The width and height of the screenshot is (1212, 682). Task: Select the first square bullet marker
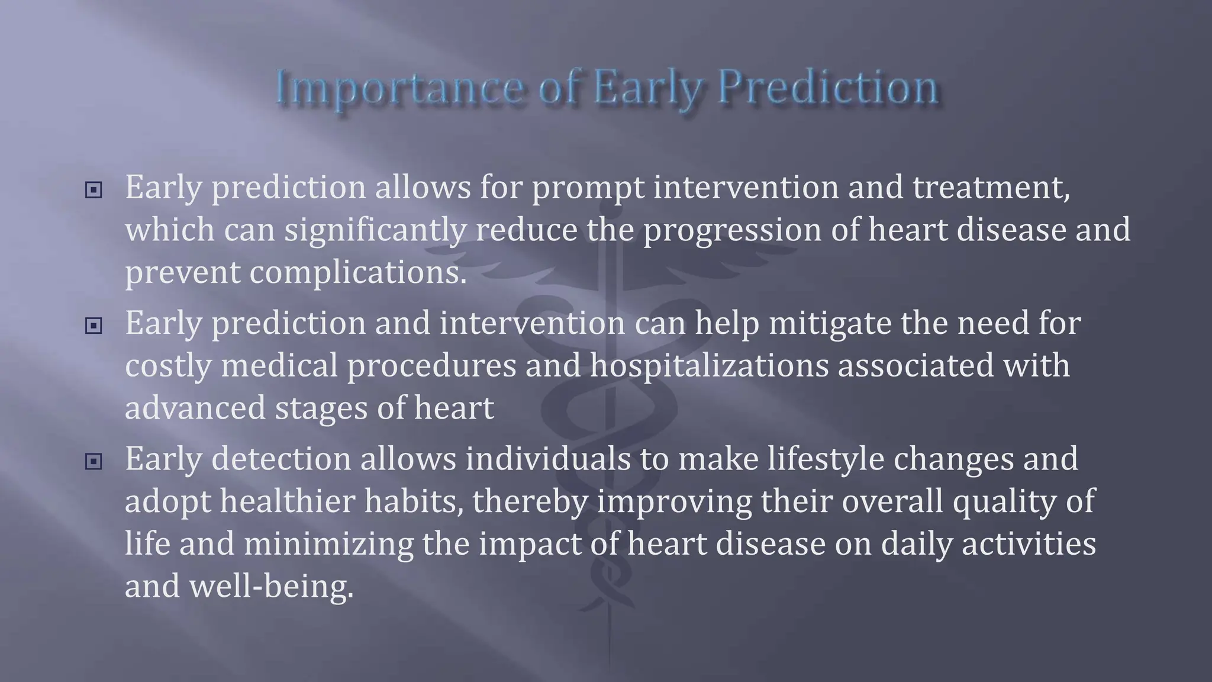(94, 190)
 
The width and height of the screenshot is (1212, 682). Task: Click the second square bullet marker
(94, 326)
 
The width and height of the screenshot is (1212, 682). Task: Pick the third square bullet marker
(94, 461)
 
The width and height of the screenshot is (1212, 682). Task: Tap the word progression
(732, 230)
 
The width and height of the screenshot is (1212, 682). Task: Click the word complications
(357, 273)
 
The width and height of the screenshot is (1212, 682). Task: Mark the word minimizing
(328, 544)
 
